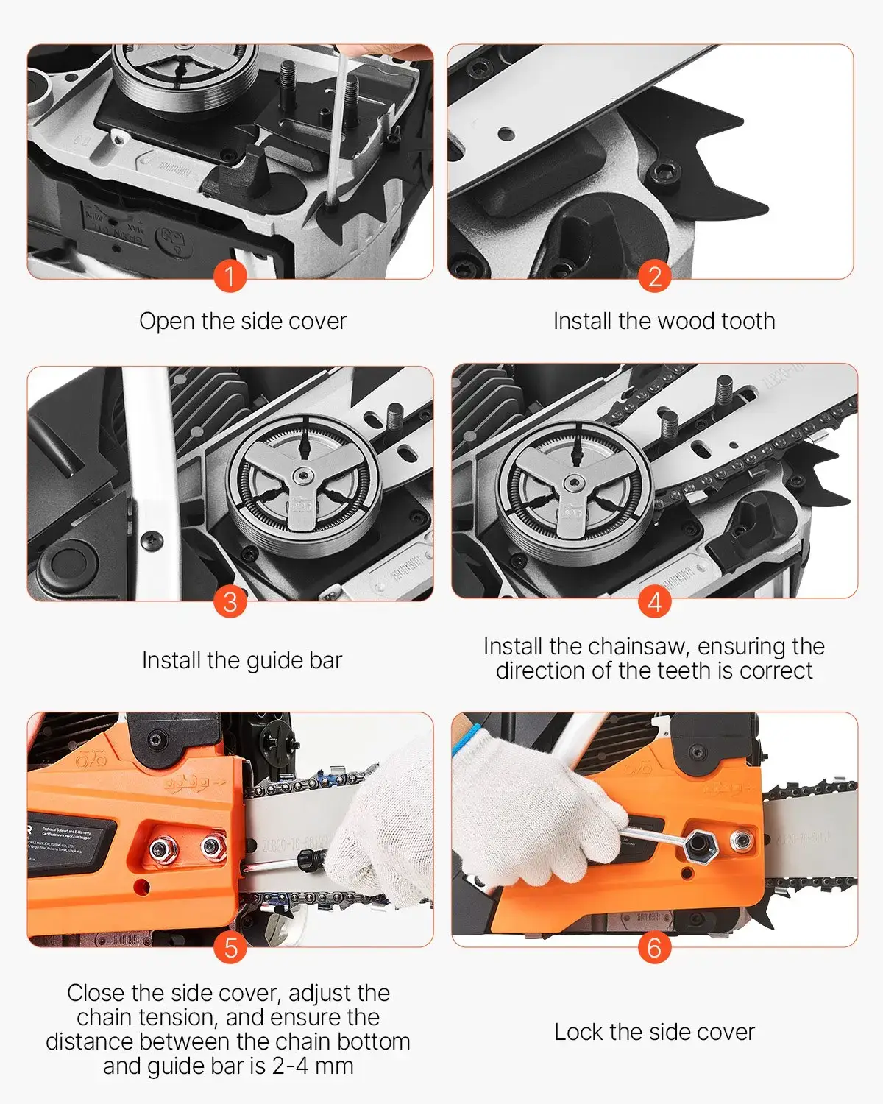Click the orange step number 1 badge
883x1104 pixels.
tap(230, 277)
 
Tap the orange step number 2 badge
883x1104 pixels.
tap(654, 277)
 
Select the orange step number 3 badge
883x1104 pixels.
tap(230, 601)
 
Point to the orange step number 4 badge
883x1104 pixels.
tap(654, 601)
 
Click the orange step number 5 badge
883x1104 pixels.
tap(230, 947)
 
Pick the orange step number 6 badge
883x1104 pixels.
tap(654, 947)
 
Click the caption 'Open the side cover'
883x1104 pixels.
tap(242, 321)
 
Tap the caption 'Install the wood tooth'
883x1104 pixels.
tap(664, 321)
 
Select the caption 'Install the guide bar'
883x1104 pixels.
tap(242, 660)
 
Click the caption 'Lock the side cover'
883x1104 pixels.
tap(654, 1032)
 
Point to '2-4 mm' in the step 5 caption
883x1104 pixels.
tap(313, 1066)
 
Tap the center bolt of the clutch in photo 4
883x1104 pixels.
tap(573, 483)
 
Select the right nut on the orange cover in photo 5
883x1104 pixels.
tap(212, 847)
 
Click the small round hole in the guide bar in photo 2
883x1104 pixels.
tap(505, 134)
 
